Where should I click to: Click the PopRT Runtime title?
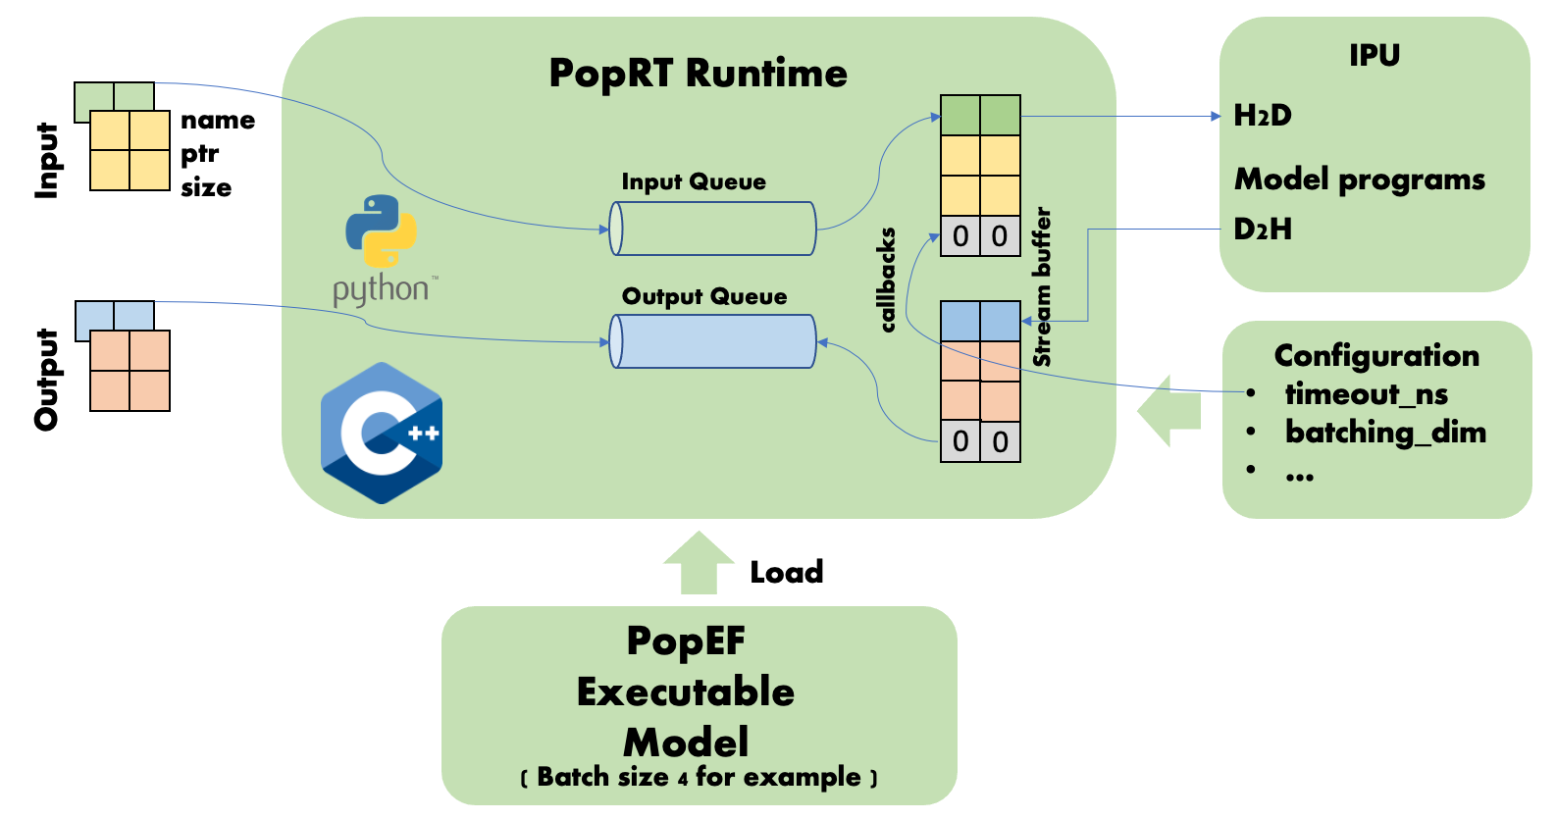(698, 74)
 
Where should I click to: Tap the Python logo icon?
(381, 231)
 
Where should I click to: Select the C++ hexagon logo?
(382, 433)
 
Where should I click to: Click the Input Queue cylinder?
(713, 229)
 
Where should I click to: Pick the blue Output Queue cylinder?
(713, 341)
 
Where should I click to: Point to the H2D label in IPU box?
(1263, 116)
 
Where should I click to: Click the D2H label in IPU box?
(1263, 230)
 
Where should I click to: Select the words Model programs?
(1359, 179)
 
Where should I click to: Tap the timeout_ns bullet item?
(1366, 394)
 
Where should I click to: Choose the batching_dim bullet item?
(1384, 433)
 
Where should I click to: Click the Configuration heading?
(1376, 355)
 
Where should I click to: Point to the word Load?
(786, 572)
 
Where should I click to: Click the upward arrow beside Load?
(699, 563)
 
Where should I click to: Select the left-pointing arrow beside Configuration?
(1169, 411)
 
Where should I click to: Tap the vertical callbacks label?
(888, 281)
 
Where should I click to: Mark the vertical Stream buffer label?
(1042, 286)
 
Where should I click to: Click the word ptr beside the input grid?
(199, 155)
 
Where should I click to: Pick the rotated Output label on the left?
(46, 380)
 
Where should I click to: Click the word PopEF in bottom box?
(686, 641)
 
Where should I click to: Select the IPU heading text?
(1374, 56)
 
